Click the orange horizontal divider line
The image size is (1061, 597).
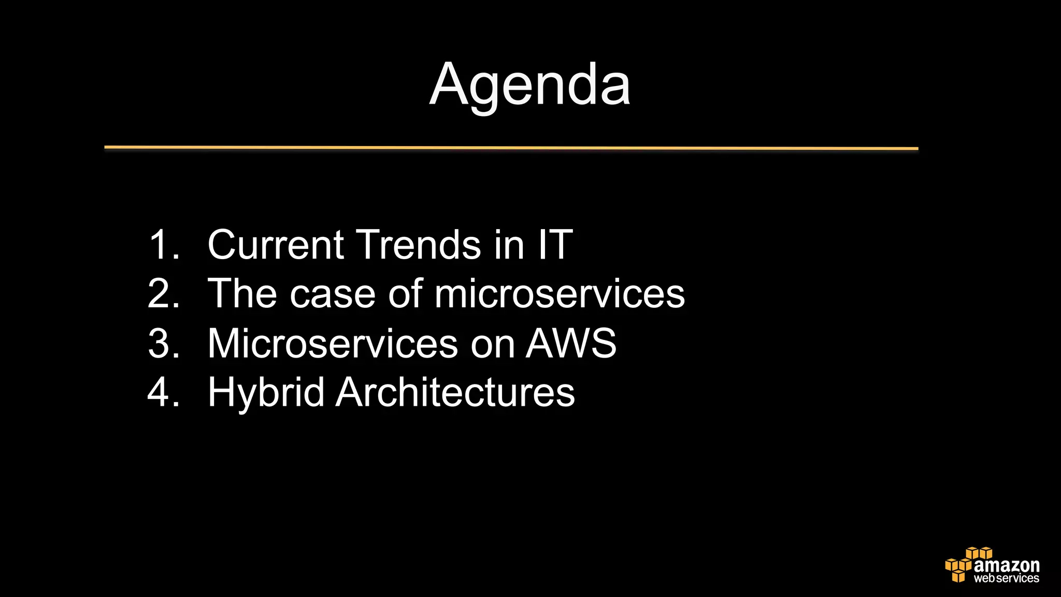(x=511, y=148)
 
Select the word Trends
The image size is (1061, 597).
(x=419, y=245)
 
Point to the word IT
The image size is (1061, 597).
(x=555, y=245)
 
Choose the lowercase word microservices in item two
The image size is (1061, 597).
(x=560, y=294)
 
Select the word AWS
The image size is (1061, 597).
(x=571, y=343)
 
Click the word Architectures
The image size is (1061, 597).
(x=455, y=392)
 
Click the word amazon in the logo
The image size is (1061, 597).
(x=1006, y=565)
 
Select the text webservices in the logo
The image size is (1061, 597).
(x=1006, y=578)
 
